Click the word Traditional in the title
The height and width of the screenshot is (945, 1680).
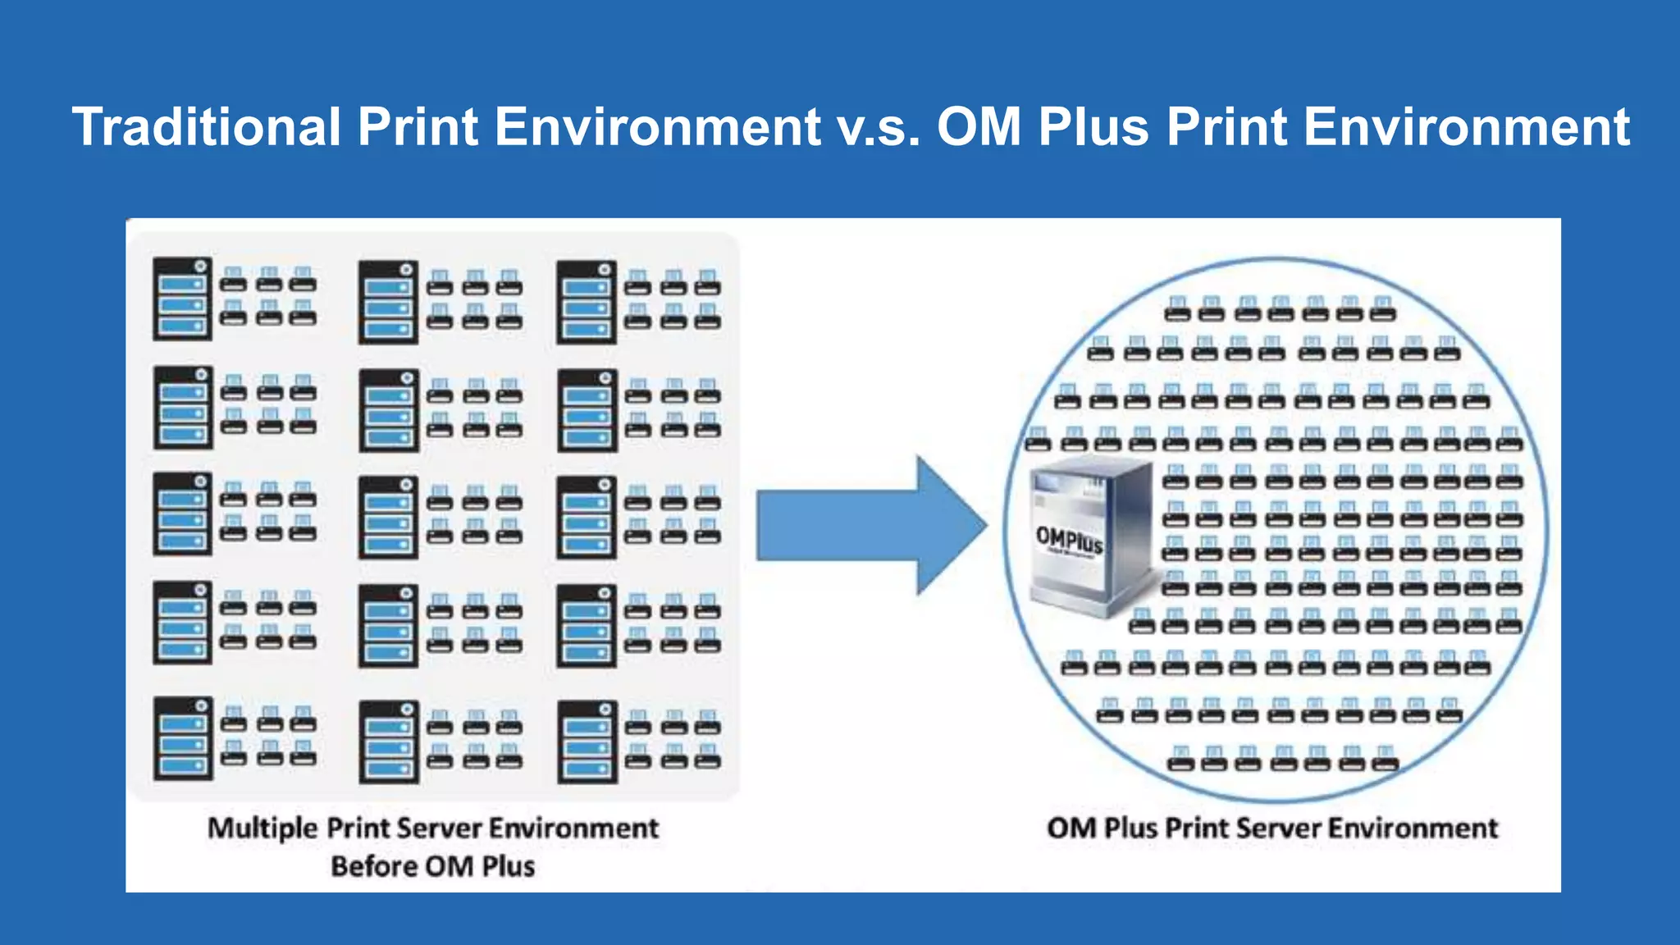coord(205,127)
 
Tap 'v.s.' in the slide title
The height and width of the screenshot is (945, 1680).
coord(879,127)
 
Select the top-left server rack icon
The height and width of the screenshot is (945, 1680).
coord(182,299)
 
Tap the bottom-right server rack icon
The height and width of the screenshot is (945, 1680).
coord(587,742)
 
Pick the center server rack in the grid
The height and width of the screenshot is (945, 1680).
coord(389,517)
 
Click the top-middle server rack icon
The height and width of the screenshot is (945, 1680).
coord(389,302)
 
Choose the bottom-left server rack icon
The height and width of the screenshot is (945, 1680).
coord(182,738)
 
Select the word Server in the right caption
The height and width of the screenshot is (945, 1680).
coord(1279,828)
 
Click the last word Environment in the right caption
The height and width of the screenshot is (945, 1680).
coord(1413,828)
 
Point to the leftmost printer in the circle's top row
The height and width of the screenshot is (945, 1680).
coord(1178,309)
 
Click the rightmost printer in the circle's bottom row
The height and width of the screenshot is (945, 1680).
coord(1386,759)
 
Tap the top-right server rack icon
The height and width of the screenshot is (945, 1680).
coord(587,302)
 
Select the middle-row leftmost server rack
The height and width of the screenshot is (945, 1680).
coord(182,514)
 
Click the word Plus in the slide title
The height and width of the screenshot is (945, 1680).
coord(1093,127)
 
